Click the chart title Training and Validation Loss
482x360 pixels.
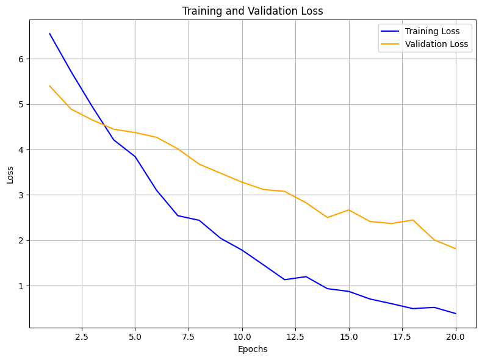coord(253,11)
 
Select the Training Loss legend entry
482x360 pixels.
coord(432,31)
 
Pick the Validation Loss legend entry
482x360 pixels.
coord(436,44)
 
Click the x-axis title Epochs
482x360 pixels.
coord(253,350)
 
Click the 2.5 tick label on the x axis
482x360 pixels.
coord(82,336)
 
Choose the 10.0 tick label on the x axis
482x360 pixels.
coord(242,336)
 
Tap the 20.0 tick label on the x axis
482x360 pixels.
coord(456,336)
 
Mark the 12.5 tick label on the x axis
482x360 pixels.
coord(295,336)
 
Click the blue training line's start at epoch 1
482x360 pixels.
coord(49,34)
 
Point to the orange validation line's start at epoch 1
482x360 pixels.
coord(49,86)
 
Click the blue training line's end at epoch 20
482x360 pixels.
coord(456,314)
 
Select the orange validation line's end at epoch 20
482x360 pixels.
coord(456,249)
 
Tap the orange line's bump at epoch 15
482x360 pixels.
coord(349,210)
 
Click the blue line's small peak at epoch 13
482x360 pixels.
coord(306,276)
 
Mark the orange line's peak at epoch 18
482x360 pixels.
coord(413,220)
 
